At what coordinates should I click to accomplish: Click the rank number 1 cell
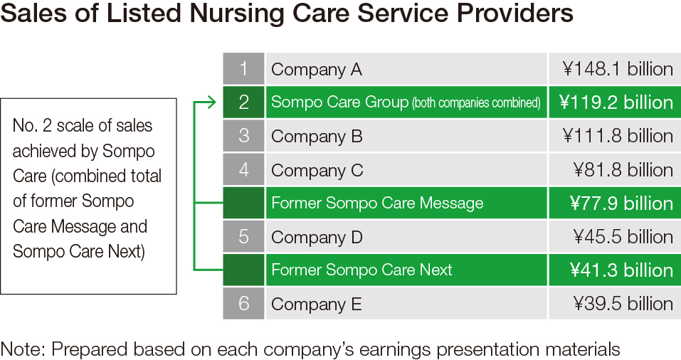click(x=243, y=68)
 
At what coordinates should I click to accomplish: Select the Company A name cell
click(x=406, y=68)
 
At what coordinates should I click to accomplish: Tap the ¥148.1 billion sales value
click(x=618, y=68)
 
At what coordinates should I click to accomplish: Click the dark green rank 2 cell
click(x=243, y=102)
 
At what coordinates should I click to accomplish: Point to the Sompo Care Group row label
click(x=406, y=102)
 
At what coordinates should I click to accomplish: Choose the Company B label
click(x=317, y=137)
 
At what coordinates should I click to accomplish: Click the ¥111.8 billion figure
click(x=618, y=136)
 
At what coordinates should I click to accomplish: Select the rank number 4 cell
click(x=243, y=169)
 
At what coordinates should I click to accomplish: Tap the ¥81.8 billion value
click(x=623, y=170)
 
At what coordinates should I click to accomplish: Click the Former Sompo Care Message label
click(x=377, y=203)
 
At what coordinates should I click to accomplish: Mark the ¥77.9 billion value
click(x=621, y=203)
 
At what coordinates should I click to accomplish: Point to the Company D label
click(x=317, y=237)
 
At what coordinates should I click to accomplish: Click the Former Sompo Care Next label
click(x=361, y=270)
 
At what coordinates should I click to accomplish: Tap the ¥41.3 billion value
click(x=621, y=270)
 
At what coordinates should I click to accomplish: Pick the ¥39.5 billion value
click(x=623, y=304)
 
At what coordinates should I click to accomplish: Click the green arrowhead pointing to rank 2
click(x=211, y=102)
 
